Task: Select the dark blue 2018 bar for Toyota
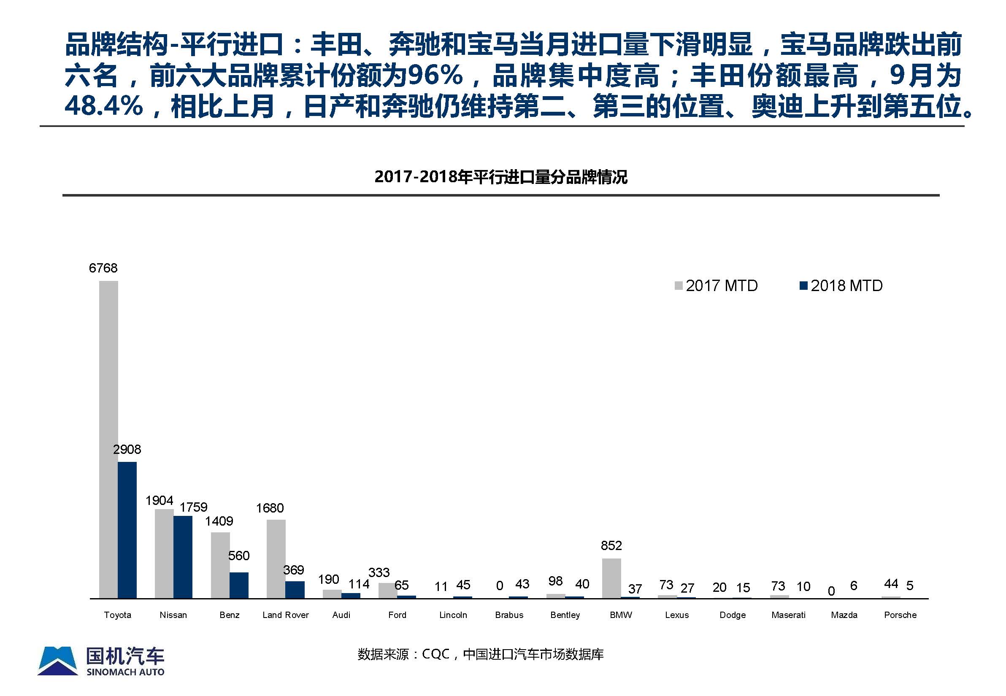[x=127, y=530]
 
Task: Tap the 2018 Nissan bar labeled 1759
[x=183, y=557]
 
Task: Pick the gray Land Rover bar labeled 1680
[x=276, y=558]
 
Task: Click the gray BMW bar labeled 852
[x=611, y=578]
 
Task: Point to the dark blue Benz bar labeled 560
[x=239, y=585]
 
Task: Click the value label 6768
[x=103, y=268]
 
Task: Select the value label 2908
[x=127, y=449]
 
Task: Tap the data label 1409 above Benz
[x=219, y=521]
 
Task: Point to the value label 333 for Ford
[x=379, y=572]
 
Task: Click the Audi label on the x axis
[x=341, y=615]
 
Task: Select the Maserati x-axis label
[x=788, y=615]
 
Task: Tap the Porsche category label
[x=900, y=615]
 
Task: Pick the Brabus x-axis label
[x=509, y=615]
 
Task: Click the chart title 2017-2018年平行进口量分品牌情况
[x=501, y=177]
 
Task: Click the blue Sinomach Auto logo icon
[x=58, y=661]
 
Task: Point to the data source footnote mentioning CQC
[x=480, y=654]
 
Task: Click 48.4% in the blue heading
[x=104, y=106]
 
